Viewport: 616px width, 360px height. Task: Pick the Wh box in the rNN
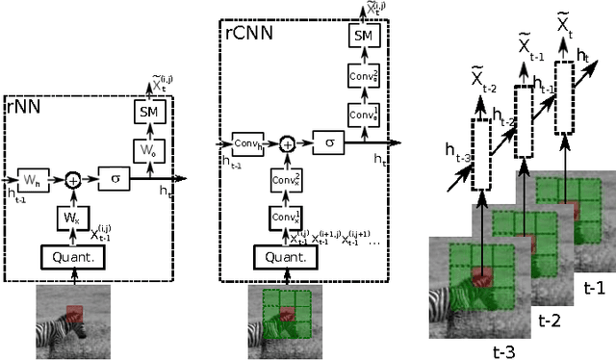[32, 178]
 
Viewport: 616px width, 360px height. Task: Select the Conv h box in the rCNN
[244, 142]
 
